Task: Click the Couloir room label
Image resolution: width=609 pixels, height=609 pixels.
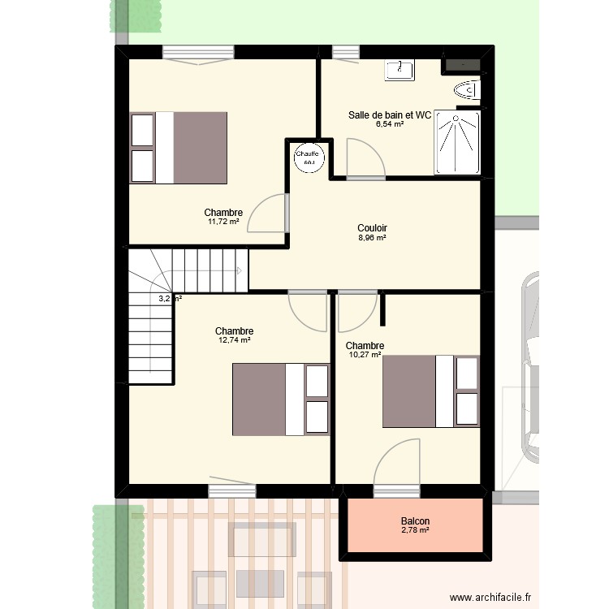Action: point(372,228)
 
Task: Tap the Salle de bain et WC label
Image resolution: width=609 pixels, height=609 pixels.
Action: point(390,115)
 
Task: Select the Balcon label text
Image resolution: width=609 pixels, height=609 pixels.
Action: point(415,521)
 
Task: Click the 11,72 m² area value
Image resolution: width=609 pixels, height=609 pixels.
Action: point(223,222)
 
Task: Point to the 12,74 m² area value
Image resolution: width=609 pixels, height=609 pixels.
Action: point(234,340)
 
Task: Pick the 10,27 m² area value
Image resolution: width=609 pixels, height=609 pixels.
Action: point(365,355)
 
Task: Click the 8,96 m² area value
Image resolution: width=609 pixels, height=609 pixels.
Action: point(372,238)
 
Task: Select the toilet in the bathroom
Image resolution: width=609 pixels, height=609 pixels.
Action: point(469,89)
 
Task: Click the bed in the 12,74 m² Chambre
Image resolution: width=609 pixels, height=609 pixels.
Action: point(281,399)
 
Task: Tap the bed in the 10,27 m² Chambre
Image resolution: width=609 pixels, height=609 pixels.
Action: point(430,391)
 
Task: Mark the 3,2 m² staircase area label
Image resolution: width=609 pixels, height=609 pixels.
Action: point(170,299)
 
